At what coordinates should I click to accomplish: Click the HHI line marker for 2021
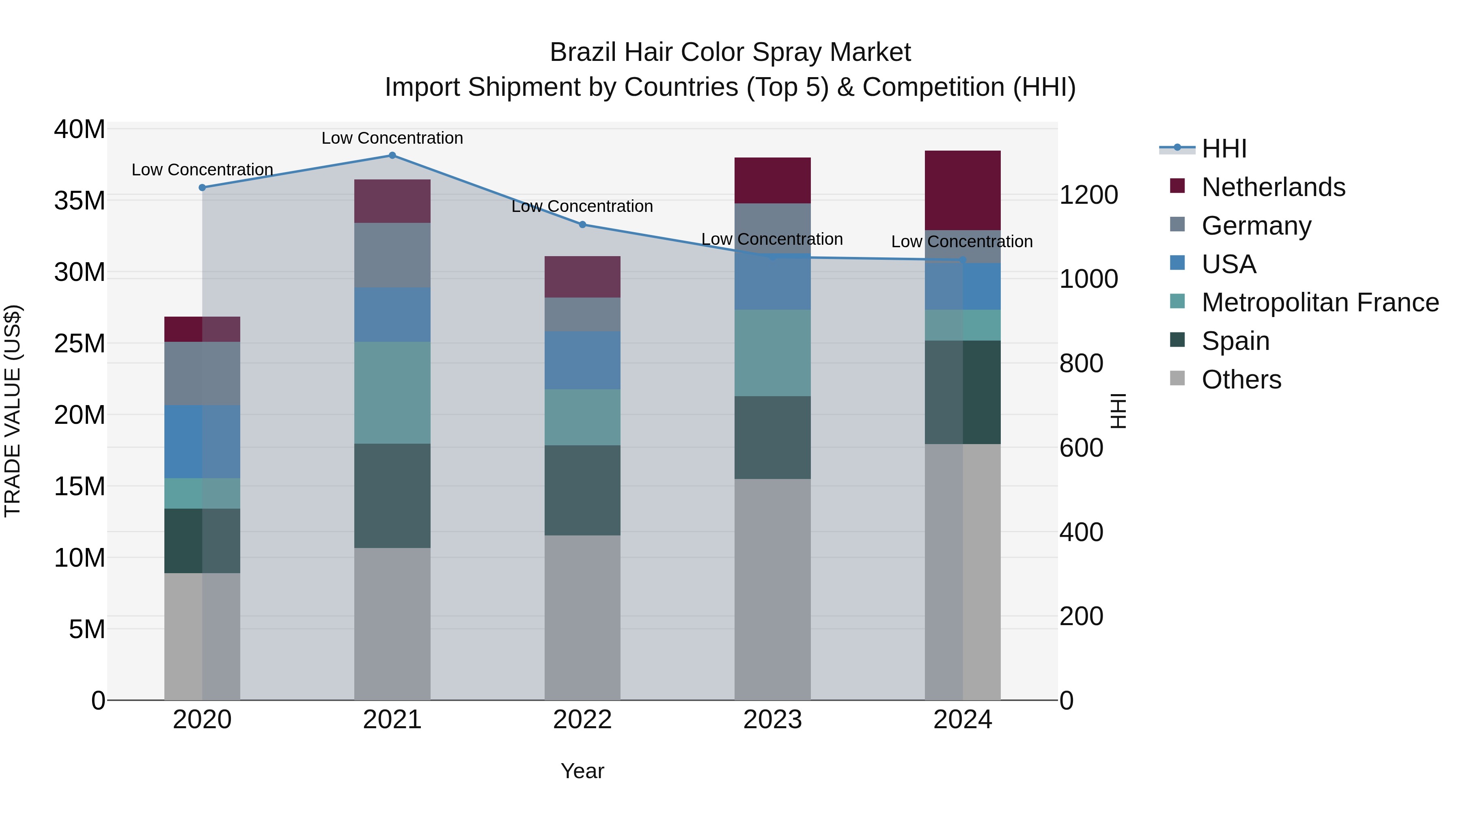point(392,155)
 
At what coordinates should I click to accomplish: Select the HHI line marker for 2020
point(202,188)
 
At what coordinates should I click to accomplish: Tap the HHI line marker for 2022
point(582,224)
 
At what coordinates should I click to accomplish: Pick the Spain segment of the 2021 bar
point(392,496)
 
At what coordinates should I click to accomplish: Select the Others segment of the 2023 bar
point(772,589)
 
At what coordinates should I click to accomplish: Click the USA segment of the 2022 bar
point(582,360)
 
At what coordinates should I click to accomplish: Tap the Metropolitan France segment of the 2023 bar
point(772,353)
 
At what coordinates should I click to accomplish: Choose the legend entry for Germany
point(1256,226)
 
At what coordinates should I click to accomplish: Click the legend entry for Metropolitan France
point(1319,302)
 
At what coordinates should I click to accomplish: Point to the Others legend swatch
point(1177,378)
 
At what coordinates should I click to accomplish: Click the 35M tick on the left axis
point(80,201)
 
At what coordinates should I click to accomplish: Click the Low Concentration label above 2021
point(392,138)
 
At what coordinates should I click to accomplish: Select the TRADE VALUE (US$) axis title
point(13,411)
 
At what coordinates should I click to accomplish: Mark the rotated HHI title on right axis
point(1118,411)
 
